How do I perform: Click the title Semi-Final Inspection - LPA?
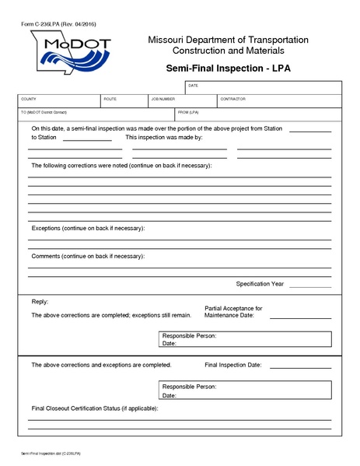[x=228, y=68]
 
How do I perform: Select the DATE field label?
[x=194, y=85]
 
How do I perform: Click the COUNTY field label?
[x=29, y=100]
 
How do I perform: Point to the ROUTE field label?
[x=110, y=100]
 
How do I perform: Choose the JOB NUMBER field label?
[x=163, y=100]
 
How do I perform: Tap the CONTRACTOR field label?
[x=232, y=100]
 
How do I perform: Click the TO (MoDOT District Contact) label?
[x=49, y=112]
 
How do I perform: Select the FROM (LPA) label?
[x=190, y=112]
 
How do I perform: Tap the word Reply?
[x=40, y=301]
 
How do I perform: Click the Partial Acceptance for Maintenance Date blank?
[x=300, y=317]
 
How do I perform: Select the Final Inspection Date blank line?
[x=300, y=366]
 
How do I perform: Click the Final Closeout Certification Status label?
[x=94, y=408]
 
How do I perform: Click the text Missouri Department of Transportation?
[x=228, y=40]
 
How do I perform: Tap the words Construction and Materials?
[x=228, y=51]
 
